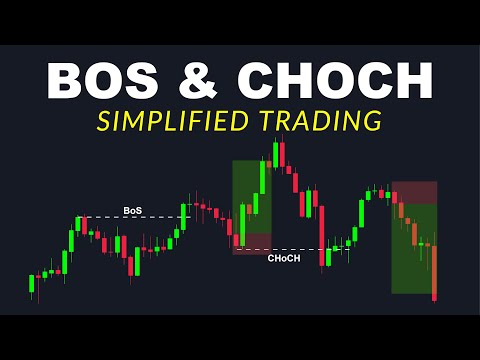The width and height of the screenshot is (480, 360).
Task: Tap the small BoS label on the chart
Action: [133, 210]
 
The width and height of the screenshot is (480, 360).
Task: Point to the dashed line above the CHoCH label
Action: [290, 249]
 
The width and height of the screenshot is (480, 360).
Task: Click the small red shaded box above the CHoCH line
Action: [252, 243]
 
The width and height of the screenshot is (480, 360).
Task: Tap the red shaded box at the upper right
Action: [414, 193]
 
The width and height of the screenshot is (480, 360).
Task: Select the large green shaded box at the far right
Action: [414, 250]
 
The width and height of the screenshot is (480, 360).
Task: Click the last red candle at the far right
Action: [435, 275]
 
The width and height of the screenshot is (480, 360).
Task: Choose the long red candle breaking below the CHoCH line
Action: [323, 235]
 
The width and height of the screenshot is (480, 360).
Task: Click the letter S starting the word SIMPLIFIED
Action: [103, 121]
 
